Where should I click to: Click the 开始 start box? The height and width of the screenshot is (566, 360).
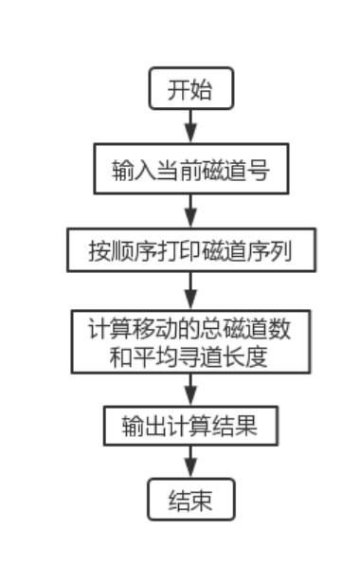coord(189,91)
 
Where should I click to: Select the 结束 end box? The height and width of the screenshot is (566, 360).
coord(189,499)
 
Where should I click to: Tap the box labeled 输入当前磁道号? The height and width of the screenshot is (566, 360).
coord(189,171)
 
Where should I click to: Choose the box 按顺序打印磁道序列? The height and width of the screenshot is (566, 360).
coord(189,252)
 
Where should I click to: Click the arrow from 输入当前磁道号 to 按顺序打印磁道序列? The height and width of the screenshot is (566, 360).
coord(189,210)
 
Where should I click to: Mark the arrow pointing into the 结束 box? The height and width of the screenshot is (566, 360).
coord(189,463)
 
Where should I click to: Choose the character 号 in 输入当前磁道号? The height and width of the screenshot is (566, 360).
coord(259,171)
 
